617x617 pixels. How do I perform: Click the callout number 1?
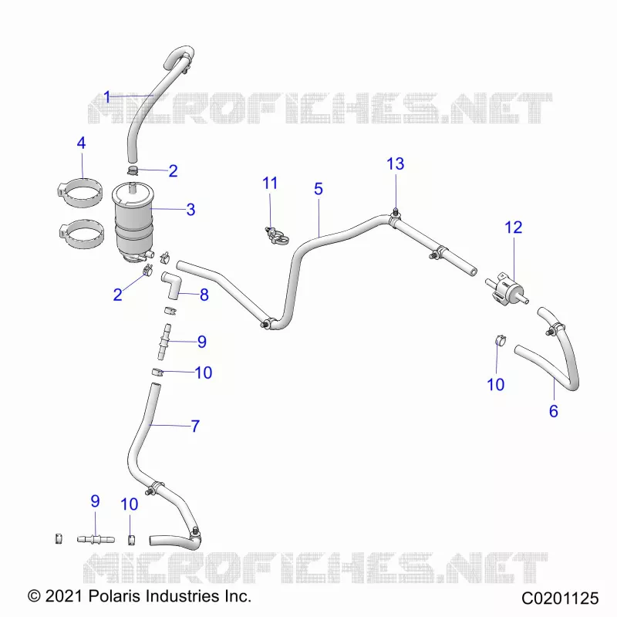(x=107, y=97)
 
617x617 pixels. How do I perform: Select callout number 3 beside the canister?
(x=190, y=209)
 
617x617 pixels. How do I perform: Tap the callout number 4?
(x=82, y=143)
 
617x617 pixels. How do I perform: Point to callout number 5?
(x=319, y=189)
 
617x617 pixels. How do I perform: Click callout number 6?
(x=554, y=411)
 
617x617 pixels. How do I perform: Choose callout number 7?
(x=195, y=427)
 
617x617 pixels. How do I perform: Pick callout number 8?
(x=204, y=295)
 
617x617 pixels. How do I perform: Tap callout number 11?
(x=270, y=183)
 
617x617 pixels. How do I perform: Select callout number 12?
(x=514, y=228)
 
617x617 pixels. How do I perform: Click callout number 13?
(x=396, y=164)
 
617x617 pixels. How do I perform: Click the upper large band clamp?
(x=79, y=192)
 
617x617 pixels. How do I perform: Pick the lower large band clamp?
(x=82, y=234)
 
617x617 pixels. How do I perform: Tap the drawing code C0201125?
(x=560, y=598)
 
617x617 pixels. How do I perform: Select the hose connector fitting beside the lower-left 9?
(x=96, y=539)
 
